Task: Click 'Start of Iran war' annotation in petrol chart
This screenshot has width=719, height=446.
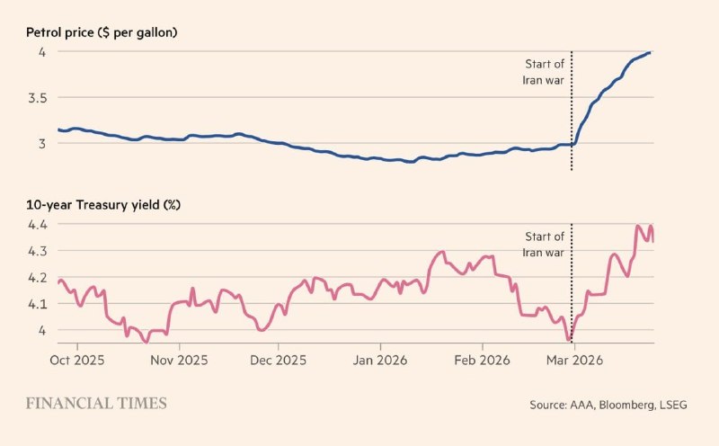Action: point(544,71)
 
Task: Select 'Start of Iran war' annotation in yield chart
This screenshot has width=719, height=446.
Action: point(544,245)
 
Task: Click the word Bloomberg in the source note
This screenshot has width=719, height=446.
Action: point(626,406)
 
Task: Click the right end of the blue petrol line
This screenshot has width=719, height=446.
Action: point(650,53)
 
